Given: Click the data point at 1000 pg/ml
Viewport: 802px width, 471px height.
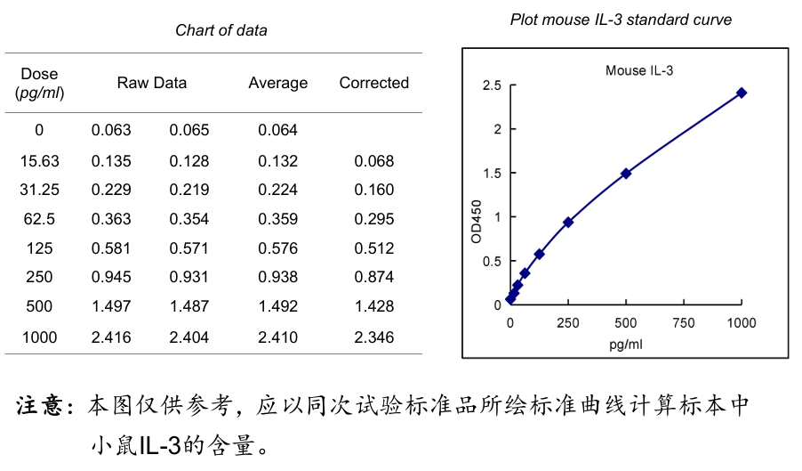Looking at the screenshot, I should tap(741, 93).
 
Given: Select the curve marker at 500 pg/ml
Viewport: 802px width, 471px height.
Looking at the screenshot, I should tap(626, 174).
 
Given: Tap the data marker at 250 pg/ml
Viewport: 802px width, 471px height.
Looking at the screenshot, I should tap(568, 222).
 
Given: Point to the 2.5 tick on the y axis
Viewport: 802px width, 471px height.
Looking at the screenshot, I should tap(492, 85).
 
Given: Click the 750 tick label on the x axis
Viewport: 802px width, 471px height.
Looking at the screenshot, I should tap(684, 323).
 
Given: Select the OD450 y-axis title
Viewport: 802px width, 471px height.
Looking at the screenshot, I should tap(476, 222).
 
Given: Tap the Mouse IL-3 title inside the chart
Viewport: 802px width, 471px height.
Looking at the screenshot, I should tap(639, 70).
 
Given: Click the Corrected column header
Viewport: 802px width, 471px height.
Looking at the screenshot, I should tap(373, 83).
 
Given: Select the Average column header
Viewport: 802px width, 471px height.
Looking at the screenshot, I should tap(277, 83).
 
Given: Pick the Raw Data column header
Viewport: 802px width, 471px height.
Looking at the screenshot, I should tap(152, 83).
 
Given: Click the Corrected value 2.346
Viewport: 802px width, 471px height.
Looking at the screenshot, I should tap(373, 337).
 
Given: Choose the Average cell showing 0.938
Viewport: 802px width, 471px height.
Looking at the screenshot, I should tap(277, 278).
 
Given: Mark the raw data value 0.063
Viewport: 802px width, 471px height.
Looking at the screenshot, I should tap(111, 130).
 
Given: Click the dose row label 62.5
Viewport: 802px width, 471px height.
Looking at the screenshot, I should tap(39, 219).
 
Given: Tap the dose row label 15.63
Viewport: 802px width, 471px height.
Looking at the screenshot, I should tap(39, 161).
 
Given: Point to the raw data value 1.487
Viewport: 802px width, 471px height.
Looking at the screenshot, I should tap(189, 306).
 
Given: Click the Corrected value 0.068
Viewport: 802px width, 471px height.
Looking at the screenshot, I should tap(373, 161).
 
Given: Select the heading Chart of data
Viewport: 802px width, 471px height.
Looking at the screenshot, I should tap(221, 30).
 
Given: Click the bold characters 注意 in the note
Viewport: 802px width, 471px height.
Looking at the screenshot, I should tap(42, 406).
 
